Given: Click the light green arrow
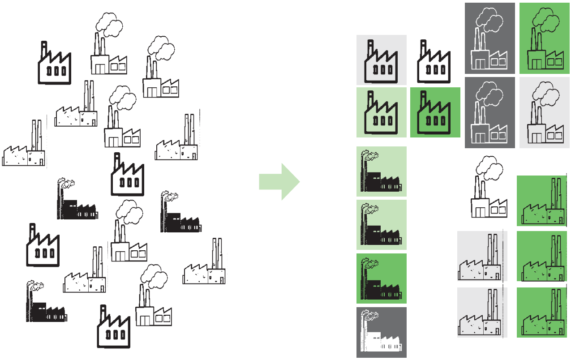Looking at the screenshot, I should click(x=279, y=181).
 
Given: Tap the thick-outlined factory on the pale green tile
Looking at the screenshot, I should click(x=382, y=114).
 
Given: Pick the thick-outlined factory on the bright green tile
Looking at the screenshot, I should click(x=435, y=114).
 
